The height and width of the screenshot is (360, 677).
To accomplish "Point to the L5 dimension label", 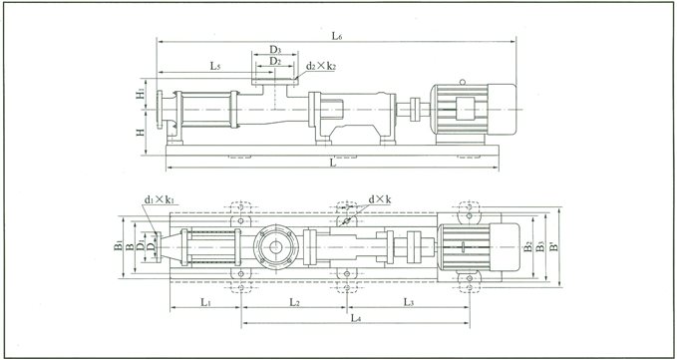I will pyautogui.click(x=214, y=66).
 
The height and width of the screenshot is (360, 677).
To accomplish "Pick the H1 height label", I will pyautogui.click(x=143, y=96).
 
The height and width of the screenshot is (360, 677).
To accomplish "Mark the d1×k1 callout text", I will pyautogui.click(x=160, y=200).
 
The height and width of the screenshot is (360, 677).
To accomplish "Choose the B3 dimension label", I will pyautogui.click(x=542, y=244).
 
